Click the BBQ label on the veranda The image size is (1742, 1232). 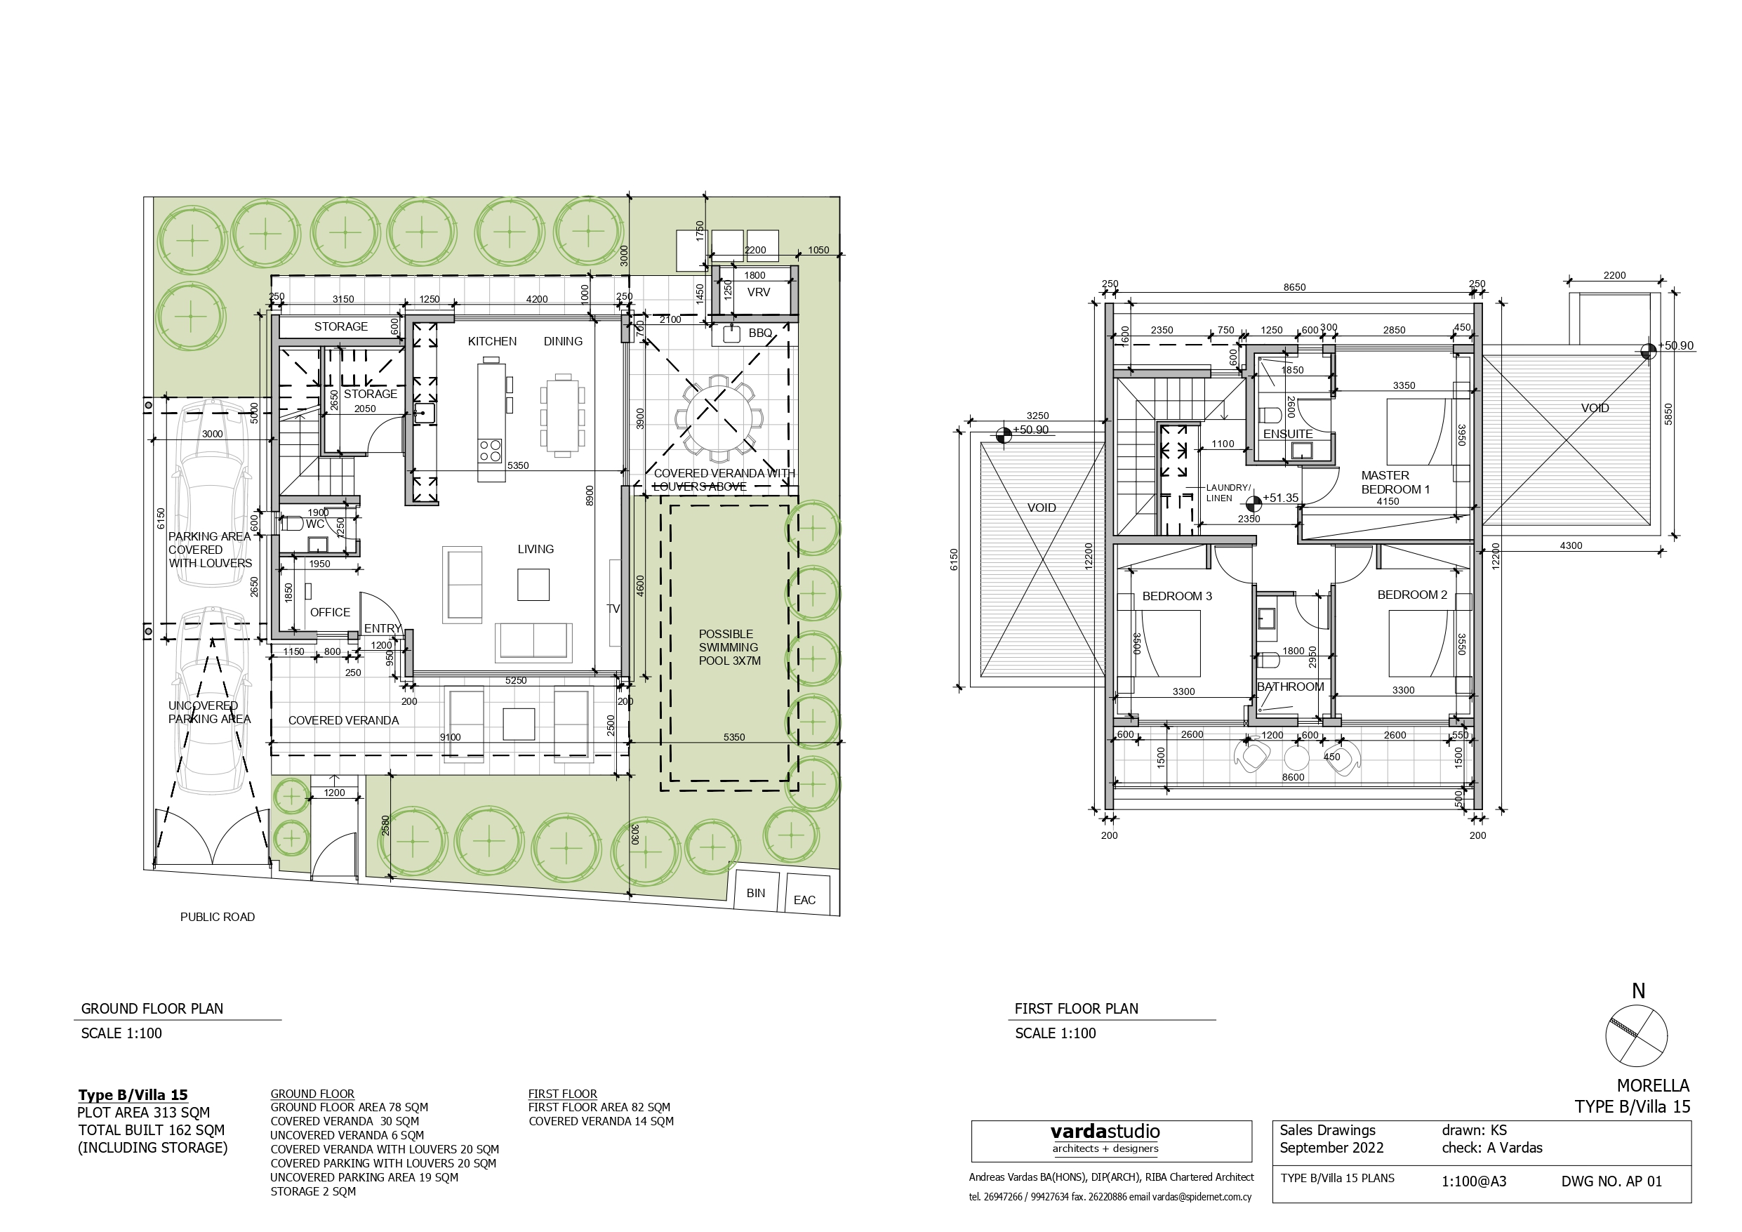click(x=759, y=333)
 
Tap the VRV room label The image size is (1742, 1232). click(x=758, y=292)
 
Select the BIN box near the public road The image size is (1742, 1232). click(x=756, y=894)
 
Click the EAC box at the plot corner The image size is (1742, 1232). click(x=804, y=900)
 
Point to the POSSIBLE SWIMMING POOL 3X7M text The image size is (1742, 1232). click(x=729, y=647)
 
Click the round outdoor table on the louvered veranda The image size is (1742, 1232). click(x=717, y=418)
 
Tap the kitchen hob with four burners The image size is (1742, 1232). click(x=490, y=450)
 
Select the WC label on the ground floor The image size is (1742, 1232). click(x=315, y=524)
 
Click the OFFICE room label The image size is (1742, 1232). click(x=330, y=613)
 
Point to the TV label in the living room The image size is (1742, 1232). click(x=613, y=609)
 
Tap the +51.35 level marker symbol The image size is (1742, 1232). click(x=1254, y=501)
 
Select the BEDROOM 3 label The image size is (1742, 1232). click(x=1177, y=597)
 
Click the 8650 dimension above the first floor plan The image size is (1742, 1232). click(x=1294, y=288)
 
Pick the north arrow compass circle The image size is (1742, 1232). click(x=1637, y=1036)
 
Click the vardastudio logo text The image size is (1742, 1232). click(x=1105, y=1132)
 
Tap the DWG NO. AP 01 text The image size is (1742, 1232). click(x=1611, y=1182)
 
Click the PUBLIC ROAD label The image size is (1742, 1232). click(x=217, y=917)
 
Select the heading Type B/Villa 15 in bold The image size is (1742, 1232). click(x=133, y=1094)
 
